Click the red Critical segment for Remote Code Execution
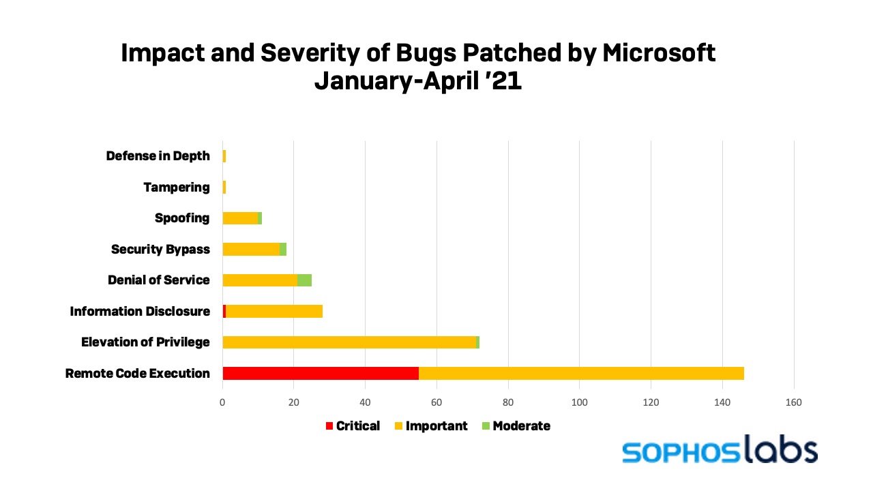pyautogui.click(x=321, y=373)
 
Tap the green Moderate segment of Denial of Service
pyautogui.click(x=304, y=280)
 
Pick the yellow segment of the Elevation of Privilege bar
pyautogui.click(x=349, y=342)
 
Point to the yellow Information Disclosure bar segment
pyautogui.click(x=274, y=312)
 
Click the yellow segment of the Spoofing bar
pyautogui.click(x=240, y=218)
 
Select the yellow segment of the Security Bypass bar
pyautogui.click(x=251, y=249)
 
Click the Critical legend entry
pyautogui.click(x=353, y=426)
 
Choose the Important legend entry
pyautogui.click(x=431, y=426)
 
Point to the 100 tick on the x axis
pyautogui.click(x=579, y=402)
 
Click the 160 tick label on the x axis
pyautogui.click(x=793, y=402)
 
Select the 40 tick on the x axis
pyautogui.click(x=365, y=402)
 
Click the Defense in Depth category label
pyautogui.click(x=158, y=156)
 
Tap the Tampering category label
pyautogui.click(x=177, y=187)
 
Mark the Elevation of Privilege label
pyautogui.click(x=145, y=342)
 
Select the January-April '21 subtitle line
pyautogui.click(x=417, y=81)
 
